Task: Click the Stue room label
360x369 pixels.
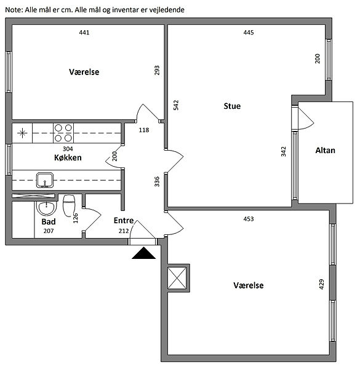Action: coord(232,106)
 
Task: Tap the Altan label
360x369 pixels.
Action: coord(325,151)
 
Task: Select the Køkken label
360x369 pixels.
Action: coord(68,157)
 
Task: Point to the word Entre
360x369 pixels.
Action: coord(124,221)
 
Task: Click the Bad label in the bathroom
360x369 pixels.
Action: coord(49,221)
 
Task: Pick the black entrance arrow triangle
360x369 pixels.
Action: coord(143,253)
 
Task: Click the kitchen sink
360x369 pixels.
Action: coord(45,180)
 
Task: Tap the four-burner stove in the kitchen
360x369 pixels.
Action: coord(63,133)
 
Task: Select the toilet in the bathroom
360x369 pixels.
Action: coord(69,205)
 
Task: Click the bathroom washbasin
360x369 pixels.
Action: coord(47,208)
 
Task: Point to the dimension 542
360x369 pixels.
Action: coord(176,105)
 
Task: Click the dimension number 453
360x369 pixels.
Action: coord(249,219)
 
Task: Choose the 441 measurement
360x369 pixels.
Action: coord(84,33)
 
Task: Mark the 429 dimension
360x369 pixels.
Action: coord(321,284)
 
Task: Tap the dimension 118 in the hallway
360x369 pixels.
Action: coord(144,130)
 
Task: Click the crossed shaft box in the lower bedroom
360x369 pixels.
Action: coord(177,278)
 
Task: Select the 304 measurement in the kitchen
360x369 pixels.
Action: coord(68,149)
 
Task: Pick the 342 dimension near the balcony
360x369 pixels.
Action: coord(284,151)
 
